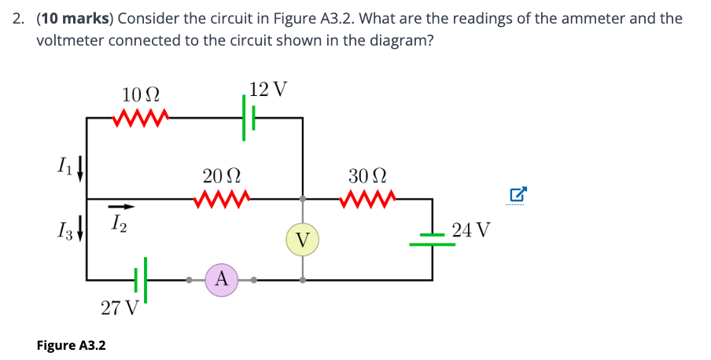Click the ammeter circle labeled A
click(222, 278)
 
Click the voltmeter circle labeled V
click(303, 239)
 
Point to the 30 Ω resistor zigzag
click(366, 198)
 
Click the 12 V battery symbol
click(249, 118)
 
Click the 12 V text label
click(267, 89)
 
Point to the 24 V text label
click(472, 230)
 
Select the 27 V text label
click(120, 307)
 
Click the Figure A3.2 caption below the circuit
click(72, 345)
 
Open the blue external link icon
click(518, 193)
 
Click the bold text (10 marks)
click(76, 18)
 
